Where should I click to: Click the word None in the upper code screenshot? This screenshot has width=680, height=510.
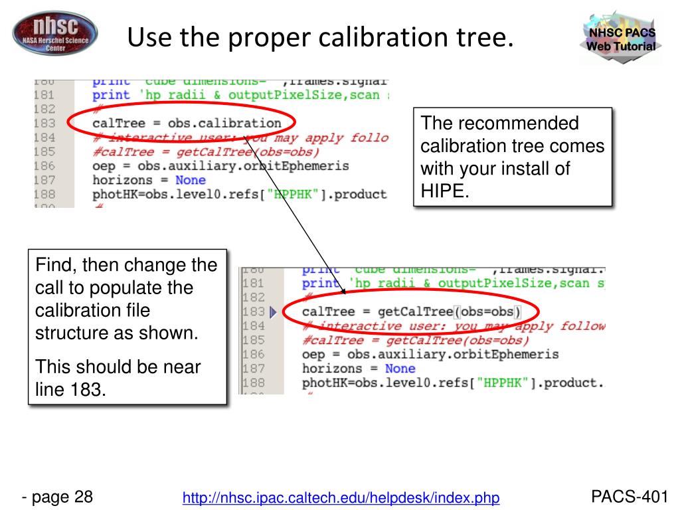[x=190, y=180]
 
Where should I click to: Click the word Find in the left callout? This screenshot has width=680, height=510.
[x=53, y=266]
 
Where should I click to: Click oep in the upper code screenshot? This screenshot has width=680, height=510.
[x=103, y=166]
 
